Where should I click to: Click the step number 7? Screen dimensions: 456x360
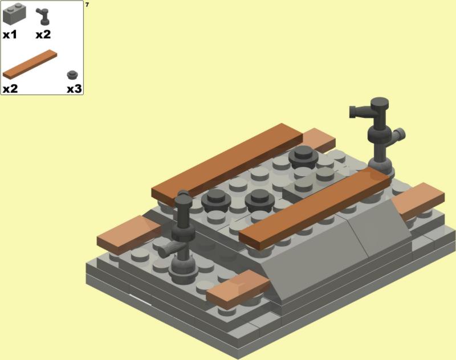87,5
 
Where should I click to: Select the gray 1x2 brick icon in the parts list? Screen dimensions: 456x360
14,14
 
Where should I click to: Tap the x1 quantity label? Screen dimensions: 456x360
10,35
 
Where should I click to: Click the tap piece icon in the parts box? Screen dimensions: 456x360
43,17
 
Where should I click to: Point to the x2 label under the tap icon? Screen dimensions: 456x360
43,35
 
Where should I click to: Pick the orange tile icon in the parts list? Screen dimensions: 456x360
30,64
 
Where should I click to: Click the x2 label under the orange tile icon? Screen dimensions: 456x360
10,89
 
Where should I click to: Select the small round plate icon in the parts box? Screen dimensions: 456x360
72,75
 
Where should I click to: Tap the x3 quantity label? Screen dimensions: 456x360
75,89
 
